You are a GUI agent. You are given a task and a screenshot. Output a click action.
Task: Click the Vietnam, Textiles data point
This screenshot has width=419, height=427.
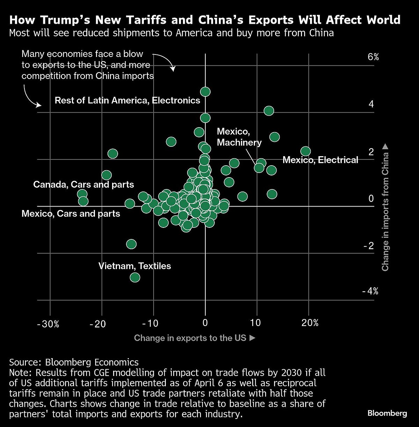point(135,277)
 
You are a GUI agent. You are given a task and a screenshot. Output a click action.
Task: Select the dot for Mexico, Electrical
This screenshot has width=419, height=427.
point(306,151)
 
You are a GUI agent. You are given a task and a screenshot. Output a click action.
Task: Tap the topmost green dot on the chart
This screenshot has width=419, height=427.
point(205,92)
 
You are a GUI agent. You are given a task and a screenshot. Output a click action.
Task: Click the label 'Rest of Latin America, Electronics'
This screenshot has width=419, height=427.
point(127,101)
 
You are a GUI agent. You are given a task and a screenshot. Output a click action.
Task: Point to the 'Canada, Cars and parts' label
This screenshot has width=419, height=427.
point(83,184)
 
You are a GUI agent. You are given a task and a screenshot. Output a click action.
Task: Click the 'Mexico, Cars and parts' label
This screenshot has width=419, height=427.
point(71,213)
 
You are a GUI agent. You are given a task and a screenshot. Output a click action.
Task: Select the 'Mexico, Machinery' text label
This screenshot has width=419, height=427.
point(239,137)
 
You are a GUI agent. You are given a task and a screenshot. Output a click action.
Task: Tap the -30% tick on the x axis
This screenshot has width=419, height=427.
point(48,324)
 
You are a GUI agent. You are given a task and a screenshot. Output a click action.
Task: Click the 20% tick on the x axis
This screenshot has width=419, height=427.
point(310,323)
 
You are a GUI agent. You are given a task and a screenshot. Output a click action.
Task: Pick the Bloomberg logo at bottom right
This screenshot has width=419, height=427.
point(387,413)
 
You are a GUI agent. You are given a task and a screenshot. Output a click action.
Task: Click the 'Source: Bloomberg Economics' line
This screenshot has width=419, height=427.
point(74,362)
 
